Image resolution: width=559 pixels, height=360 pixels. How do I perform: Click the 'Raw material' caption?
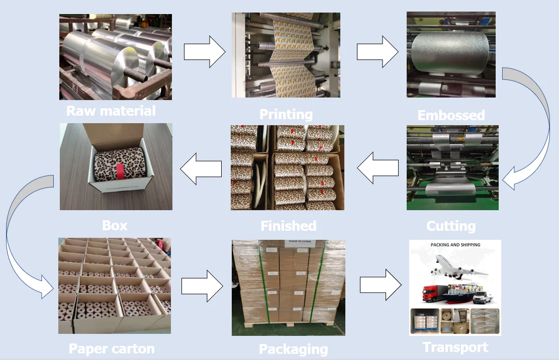tap(111, 111)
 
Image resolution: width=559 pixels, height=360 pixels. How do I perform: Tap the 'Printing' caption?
tap(286, 114)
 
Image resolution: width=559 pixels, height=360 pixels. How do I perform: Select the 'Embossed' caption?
tap(451, 115)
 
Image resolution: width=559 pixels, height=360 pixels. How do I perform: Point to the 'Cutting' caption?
tap(451, 226)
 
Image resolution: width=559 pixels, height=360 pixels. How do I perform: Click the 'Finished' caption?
tap(289, 226)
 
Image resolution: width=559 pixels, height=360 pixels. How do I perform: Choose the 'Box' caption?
tap(115, 225)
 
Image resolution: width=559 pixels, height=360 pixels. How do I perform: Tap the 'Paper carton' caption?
tap(112, 348)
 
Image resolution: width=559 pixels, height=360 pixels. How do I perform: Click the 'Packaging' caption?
tap(293, 349)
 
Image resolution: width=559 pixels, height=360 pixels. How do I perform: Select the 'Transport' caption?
tap(455, 347)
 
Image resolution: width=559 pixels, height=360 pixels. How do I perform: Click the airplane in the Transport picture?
tap(458, 266)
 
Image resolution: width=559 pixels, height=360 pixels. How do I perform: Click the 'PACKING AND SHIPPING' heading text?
tap(455, 245)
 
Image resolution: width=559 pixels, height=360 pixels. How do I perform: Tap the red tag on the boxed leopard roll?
tap(121, 171)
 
